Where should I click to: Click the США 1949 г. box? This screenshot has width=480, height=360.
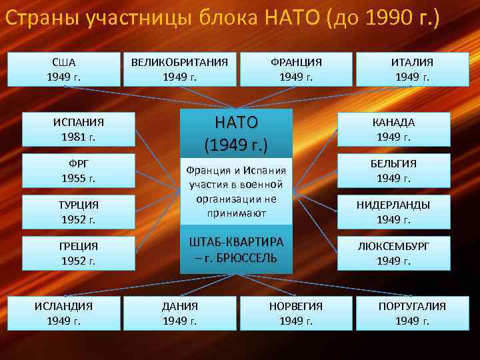[64, 69]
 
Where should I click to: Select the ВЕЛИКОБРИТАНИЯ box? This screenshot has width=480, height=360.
[179, 69]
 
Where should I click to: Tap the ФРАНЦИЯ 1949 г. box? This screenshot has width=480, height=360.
[296, 69]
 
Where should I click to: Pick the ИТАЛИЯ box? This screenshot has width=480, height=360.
[412, 69]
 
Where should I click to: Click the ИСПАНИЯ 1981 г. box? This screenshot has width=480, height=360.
[79, 129]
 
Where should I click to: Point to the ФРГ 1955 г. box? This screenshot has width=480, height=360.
[79, 171]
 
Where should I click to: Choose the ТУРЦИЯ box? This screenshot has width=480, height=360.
[79, 212]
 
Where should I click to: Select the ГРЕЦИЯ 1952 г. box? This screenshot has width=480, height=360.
[79, 253]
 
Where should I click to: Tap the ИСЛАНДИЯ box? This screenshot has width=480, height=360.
[64, 313]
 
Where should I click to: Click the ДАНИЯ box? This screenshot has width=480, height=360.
[179, 313]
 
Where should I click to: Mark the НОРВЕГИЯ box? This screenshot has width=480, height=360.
[296, 313]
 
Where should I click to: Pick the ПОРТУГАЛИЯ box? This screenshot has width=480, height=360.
[412, 313]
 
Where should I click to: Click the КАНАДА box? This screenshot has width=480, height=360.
[393, 129]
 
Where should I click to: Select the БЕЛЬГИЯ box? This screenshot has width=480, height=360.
[393, 171]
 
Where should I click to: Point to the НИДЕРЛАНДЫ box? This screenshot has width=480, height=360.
[393, 212]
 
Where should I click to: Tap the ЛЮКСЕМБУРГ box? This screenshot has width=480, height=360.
[393, 253]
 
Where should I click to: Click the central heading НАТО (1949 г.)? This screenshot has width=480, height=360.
[236, 133]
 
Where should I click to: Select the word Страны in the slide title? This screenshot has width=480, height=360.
[42, 19]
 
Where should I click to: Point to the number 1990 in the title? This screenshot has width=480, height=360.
[384, 19]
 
